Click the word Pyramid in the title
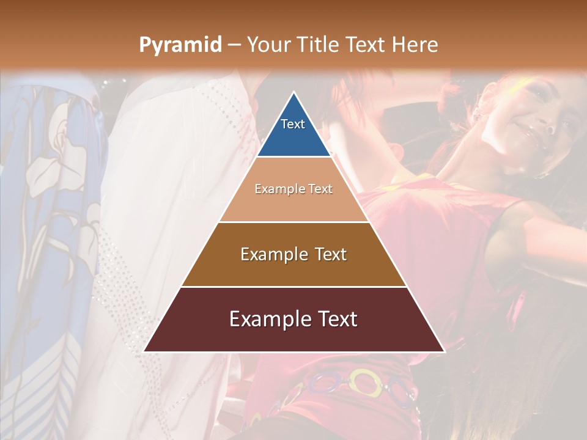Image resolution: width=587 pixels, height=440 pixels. [180, 45]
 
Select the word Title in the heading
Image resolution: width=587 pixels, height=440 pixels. [320, 45]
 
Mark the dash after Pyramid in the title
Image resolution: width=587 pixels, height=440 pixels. [234, 45]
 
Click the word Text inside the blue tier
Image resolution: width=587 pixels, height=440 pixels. [293, 124]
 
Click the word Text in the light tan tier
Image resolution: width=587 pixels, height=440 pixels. [320, 189]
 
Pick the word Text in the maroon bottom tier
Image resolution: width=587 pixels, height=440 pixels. [337, 319]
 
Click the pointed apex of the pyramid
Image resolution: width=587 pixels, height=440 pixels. [293, 94]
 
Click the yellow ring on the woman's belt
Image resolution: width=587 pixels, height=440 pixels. [363, 382]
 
